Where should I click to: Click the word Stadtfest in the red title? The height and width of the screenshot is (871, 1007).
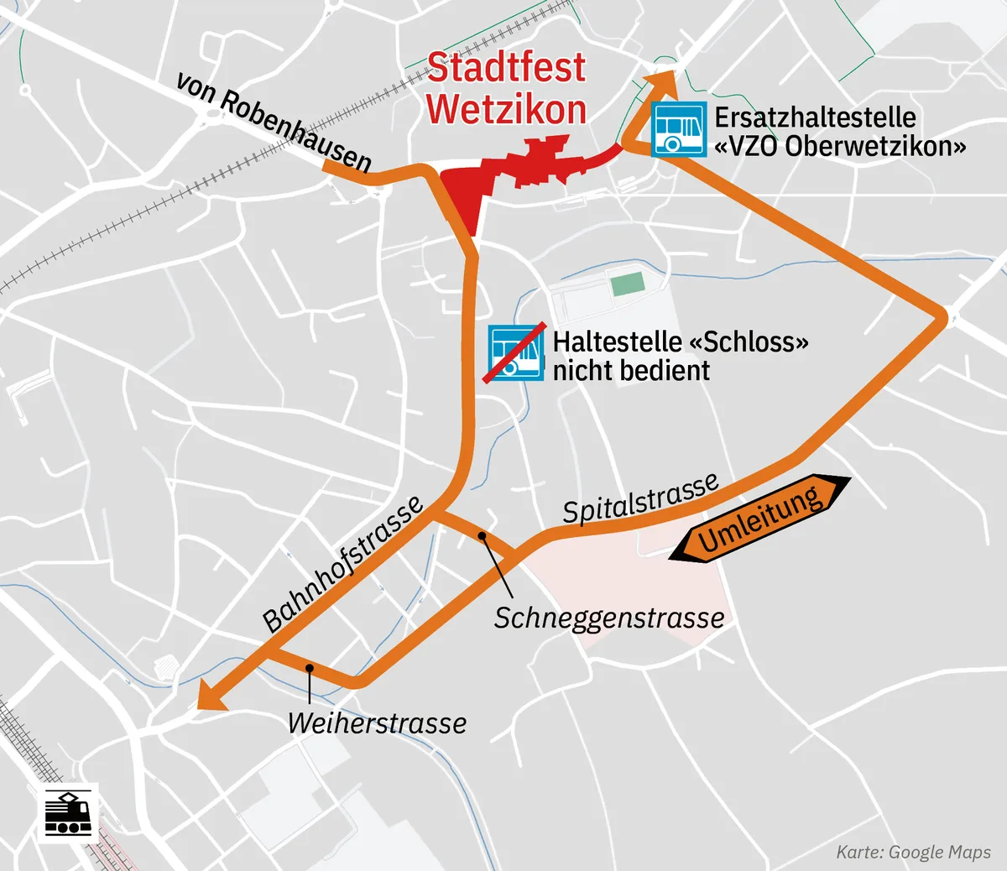506,68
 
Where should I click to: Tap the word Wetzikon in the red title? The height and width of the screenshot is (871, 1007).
506,110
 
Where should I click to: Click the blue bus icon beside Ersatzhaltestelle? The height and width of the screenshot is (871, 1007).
678,128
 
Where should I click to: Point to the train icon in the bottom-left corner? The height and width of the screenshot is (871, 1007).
67,813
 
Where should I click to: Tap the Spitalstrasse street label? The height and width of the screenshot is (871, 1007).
640,498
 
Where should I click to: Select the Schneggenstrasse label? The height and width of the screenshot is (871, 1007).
608,618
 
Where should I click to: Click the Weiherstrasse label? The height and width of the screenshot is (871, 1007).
377,723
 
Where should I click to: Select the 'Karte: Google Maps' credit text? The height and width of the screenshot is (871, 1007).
913,853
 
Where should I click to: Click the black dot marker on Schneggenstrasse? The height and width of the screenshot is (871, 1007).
483,535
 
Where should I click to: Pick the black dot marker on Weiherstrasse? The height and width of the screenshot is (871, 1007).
310,668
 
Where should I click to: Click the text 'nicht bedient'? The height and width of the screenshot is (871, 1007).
631,370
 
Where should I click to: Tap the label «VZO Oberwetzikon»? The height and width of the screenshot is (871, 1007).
840,146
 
